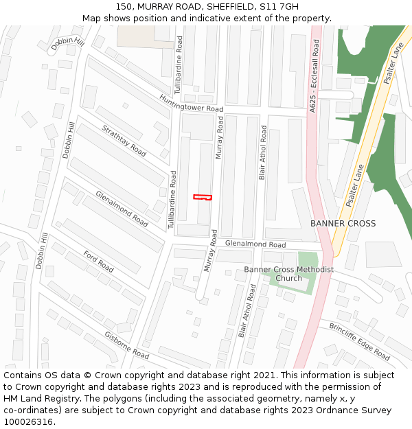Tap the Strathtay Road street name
124,140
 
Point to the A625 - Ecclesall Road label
314,76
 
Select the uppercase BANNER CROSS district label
343,224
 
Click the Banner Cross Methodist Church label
288,274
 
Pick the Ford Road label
98,261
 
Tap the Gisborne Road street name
126,345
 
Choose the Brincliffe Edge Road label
359,340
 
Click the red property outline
203,198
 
